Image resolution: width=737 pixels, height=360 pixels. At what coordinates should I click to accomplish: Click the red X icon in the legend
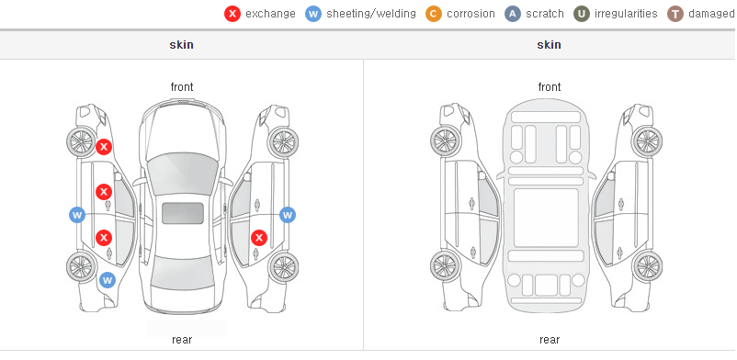(x=232, y=14)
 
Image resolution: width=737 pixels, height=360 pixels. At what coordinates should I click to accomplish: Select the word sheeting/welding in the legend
(x=371, y=14)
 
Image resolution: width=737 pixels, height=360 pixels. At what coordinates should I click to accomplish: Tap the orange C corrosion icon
(x=434, y=14)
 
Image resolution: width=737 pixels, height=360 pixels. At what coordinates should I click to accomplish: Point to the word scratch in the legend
(x=544, y=14)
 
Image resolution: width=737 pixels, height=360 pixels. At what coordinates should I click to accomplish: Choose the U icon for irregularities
(x=582, y=14)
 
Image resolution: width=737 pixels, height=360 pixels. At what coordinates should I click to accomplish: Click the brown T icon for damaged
(x=675, y=14)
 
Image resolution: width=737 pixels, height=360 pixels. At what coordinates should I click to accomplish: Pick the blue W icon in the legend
(x=313, y=14)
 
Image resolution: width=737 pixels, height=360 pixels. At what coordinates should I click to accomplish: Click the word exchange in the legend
(x=270, y=14)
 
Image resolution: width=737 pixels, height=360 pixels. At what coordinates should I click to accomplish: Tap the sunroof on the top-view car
(x=183, y=213)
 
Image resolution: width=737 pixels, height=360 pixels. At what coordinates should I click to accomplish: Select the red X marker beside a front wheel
(x=104, y=147)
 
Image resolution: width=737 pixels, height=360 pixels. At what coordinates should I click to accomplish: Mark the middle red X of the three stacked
(x=104, y=192)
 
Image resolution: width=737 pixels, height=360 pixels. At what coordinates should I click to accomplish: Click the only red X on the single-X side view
(x=259, y=238)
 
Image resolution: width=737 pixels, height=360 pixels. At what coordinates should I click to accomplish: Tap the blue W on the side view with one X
(x=288, y=215)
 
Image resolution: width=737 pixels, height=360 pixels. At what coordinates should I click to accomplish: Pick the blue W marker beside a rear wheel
(x=108, y=281)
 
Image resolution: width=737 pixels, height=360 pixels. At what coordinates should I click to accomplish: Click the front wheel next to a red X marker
(x=80, y=141)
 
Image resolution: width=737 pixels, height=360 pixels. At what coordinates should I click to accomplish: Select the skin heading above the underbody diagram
(x=549, y=45)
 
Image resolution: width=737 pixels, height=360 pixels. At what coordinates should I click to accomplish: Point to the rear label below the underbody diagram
(x=549, y=339)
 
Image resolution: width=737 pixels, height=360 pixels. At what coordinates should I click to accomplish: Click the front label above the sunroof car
(x=182, y=87)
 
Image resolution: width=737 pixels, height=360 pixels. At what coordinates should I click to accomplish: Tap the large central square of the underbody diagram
(x=546, y=218)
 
